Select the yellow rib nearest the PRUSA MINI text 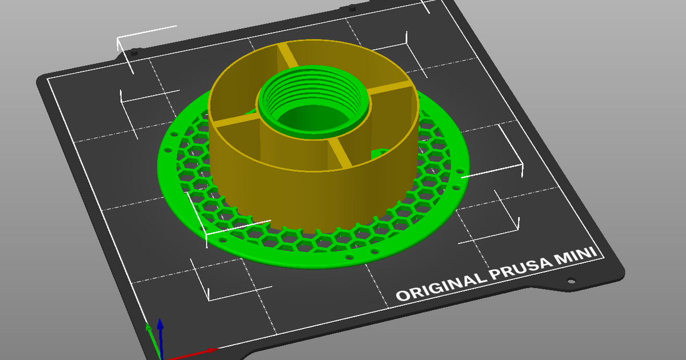pos(340,154)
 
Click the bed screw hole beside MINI pos(570,281)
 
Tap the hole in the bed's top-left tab pos(135,53)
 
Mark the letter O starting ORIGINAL pos(404,296)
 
